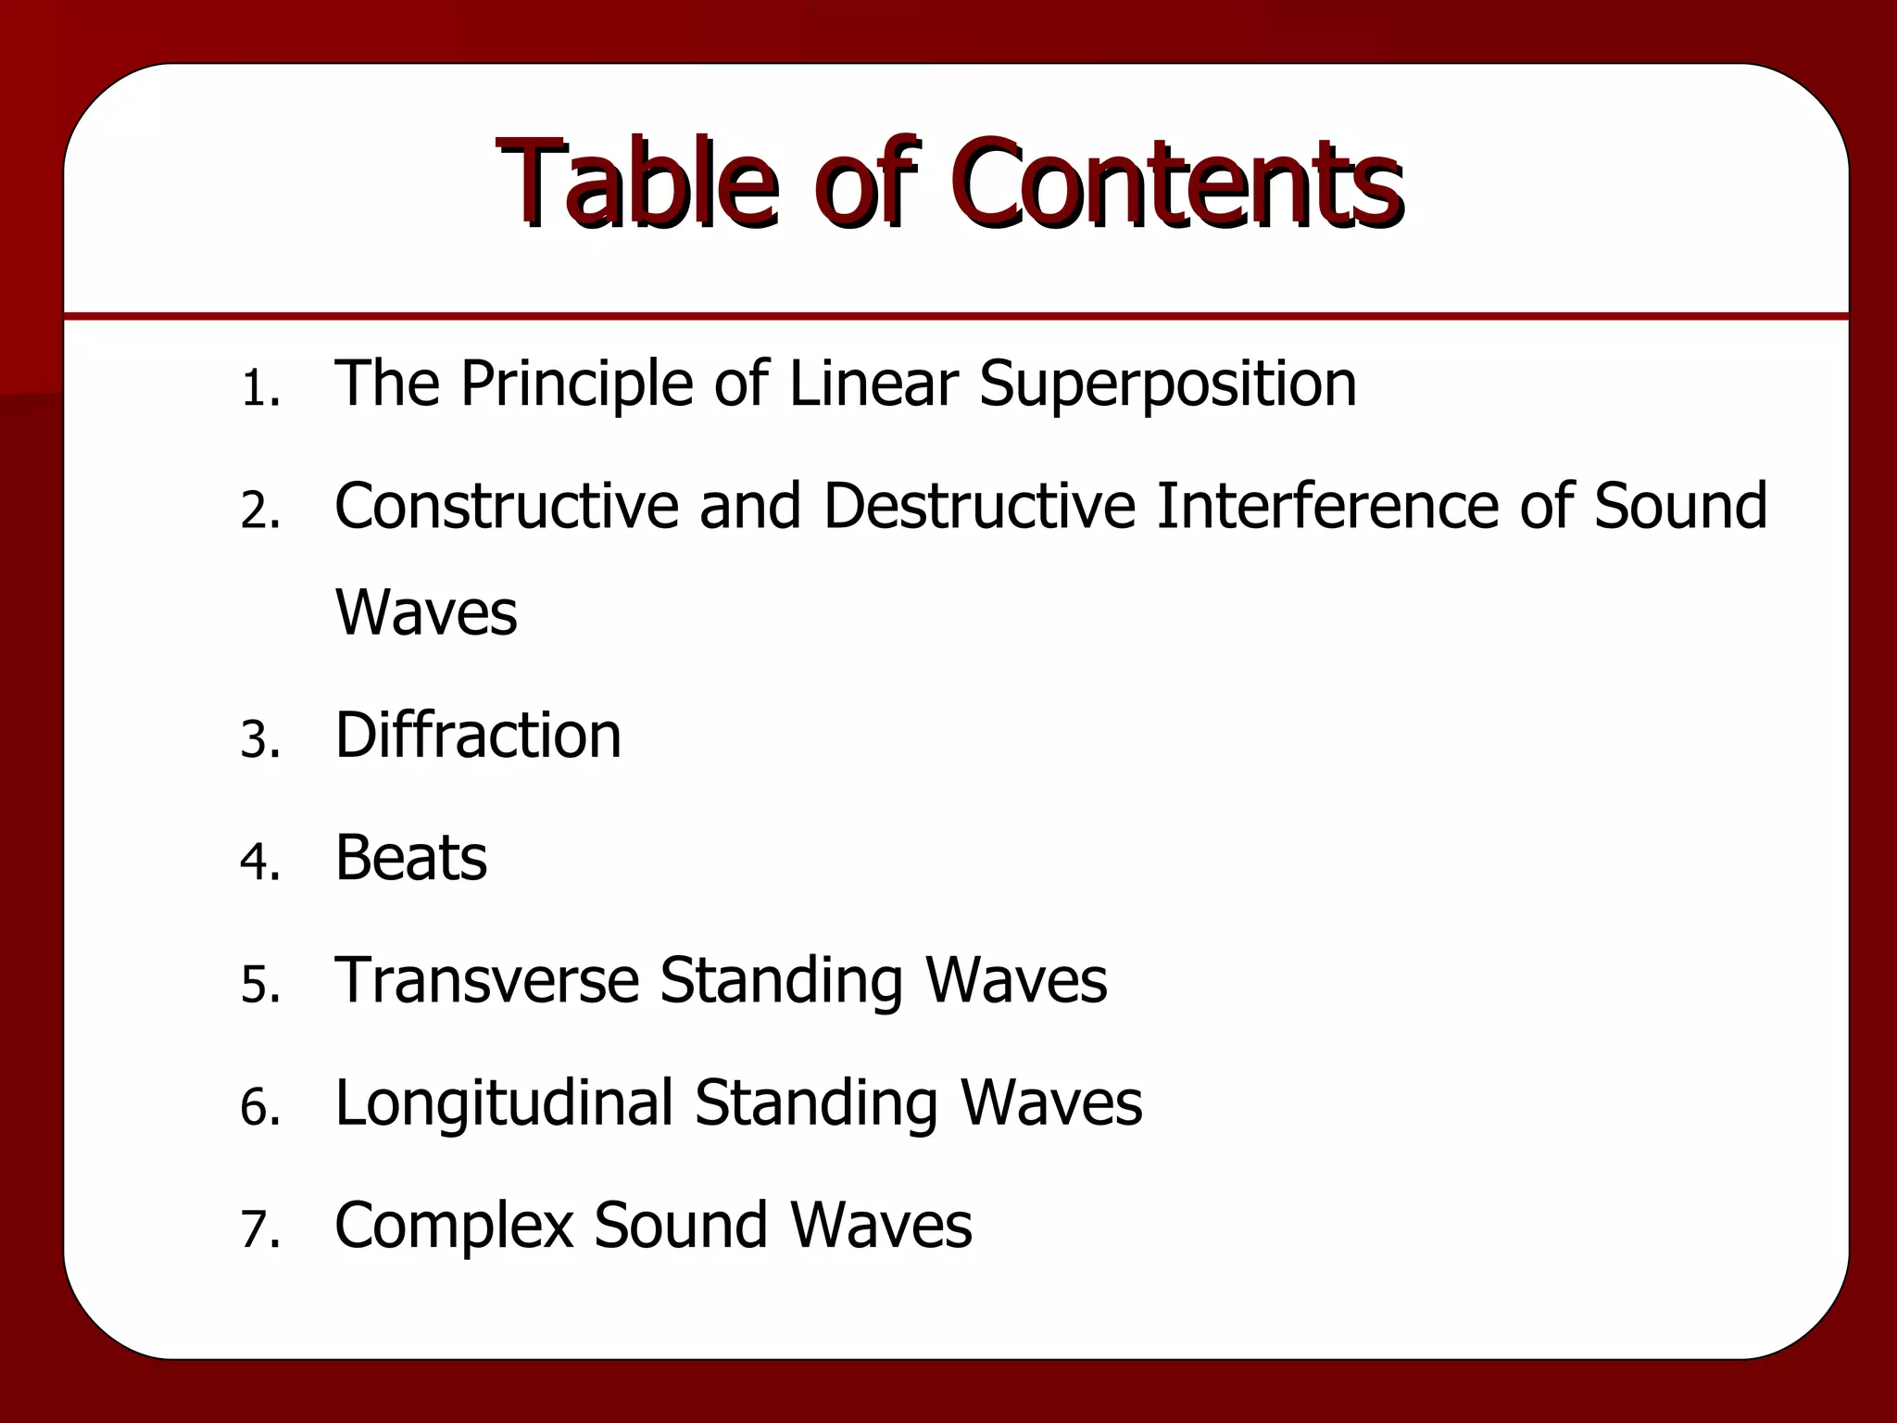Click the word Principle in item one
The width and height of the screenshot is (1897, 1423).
[x=576, y=384]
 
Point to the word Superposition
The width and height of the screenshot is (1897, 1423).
[x=1167, y=384]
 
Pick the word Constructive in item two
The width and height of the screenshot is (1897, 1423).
[x=506, y=506]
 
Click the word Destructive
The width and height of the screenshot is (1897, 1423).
[x=979, y=506]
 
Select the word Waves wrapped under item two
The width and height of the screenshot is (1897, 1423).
[x=426, y=612]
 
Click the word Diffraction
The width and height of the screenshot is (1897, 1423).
[x=478, y=736]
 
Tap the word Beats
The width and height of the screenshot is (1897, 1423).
[x=410, y=858]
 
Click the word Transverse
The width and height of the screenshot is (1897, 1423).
[x=487, y=980]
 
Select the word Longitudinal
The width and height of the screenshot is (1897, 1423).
[x=504, y=1102]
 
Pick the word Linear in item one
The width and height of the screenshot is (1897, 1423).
[x=873, y=384]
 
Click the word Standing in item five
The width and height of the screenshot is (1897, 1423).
[x=781, y=980]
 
